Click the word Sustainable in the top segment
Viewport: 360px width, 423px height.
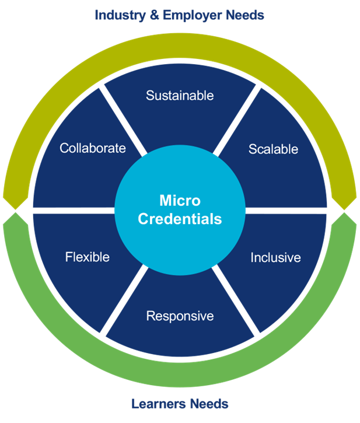coord(180,95)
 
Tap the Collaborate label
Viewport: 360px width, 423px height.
coord(92,148)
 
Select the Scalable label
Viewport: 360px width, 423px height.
coord(273,149)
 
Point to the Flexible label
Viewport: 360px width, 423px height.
coord(87,257)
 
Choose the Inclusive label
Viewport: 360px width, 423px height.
coord(275,257)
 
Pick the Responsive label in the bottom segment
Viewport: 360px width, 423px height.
coord(180,316)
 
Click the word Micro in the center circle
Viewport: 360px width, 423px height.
coord(180,201)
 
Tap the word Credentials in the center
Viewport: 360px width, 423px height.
coord(180,219)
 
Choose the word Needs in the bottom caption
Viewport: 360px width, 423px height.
coord(211,403)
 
